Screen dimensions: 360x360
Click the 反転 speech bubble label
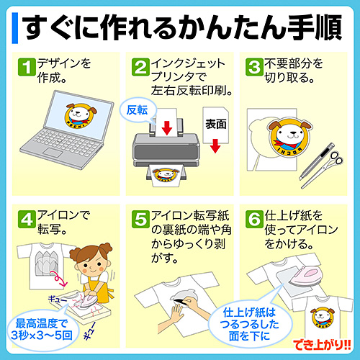137,110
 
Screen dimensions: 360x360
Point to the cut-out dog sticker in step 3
288,137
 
